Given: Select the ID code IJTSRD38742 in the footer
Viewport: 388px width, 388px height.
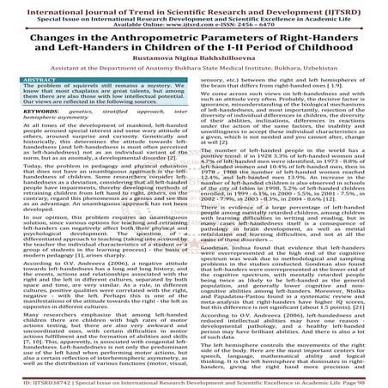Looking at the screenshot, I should click(36, 380).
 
